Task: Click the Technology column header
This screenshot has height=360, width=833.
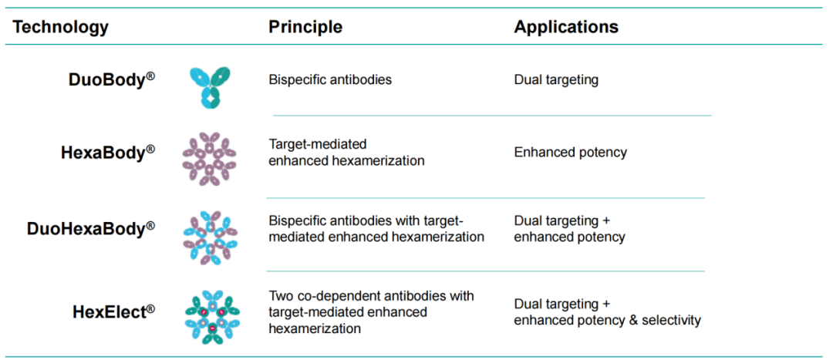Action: point(61,27)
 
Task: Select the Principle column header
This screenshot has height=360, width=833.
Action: point(305,27)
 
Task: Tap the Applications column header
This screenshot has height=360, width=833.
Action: point(566,27)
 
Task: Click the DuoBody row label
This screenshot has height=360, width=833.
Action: point(112,79)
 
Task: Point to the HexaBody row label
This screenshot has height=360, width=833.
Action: point(108,153)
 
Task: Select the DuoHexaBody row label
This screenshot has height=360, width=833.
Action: point(91,229)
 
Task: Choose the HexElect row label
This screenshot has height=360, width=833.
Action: point(113,311)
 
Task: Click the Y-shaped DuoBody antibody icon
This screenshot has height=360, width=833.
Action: point(210,88)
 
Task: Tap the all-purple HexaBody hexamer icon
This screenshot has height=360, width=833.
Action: point(209,159)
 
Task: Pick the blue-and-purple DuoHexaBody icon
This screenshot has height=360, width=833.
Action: point(210,237)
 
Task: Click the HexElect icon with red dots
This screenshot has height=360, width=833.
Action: point(211,317)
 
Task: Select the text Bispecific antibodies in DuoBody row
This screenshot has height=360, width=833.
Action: point(330,80)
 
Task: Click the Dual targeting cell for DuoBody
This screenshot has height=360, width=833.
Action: point(556,80)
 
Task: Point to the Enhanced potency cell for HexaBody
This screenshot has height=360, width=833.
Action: point(571,153)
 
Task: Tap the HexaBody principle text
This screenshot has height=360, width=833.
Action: point(346,153)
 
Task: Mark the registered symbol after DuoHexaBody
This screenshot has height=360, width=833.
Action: point(151,225)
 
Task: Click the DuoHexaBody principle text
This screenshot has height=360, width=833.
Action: point(376,229)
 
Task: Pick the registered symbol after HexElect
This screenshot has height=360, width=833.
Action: point(151,308)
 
